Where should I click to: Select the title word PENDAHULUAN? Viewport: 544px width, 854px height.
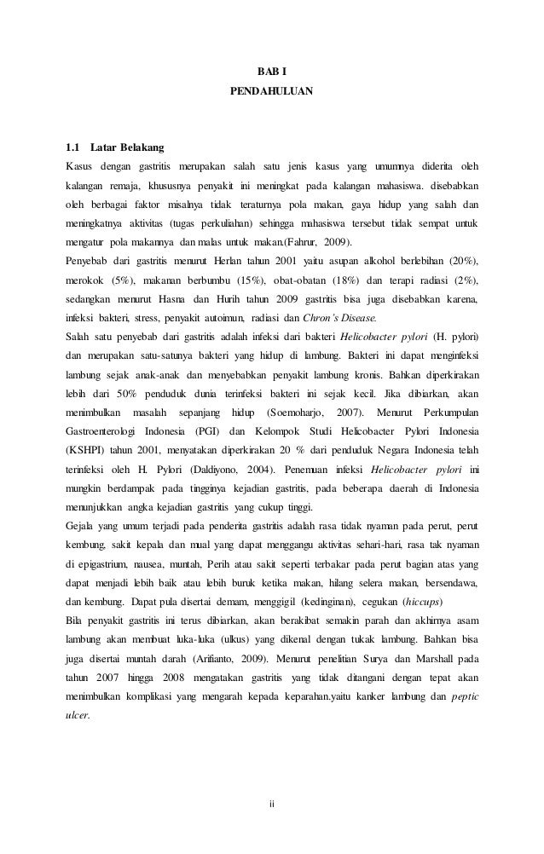[x=272, y=89]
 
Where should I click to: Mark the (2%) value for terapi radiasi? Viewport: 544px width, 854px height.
[x=465, y=280]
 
